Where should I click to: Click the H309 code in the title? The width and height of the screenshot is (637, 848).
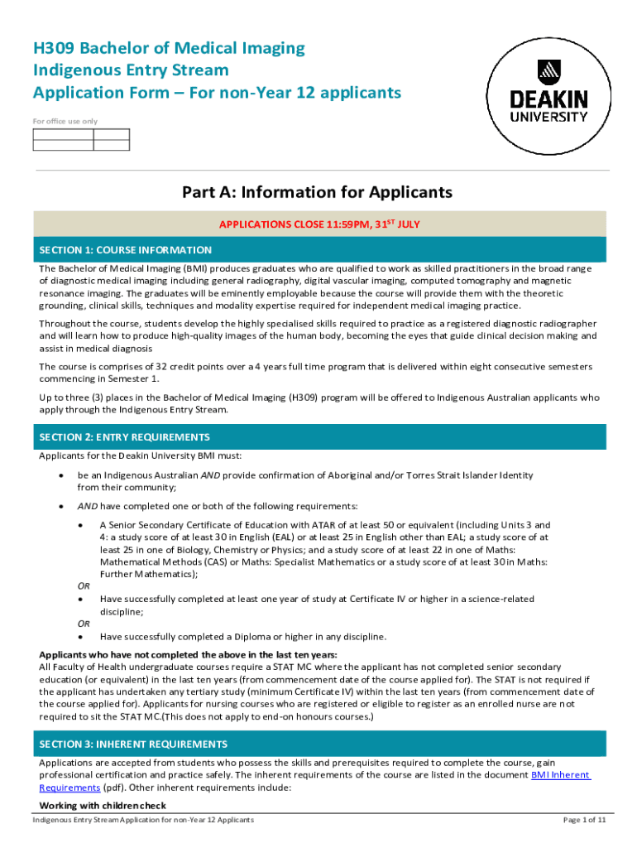(55, 48)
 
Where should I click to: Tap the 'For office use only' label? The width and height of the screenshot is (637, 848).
(65, 122)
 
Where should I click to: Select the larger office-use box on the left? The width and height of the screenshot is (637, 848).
(63, 139)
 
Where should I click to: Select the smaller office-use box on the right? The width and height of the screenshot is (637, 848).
(112, 139)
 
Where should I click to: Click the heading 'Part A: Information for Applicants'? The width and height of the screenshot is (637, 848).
(318, 192)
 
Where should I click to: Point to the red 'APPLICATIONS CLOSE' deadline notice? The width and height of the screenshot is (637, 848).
(318, 224)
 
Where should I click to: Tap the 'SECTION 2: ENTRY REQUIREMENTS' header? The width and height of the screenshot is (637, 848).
(125, 437)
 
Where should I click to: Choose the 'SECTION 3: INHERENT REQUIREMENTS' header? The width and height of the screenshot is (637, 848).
(133, 744)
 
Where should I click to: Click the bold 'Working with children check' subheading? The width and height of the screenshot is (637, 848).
(103, 806)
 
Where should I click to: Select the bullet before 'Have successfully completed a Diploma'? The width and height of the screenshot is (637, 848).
(80, 637)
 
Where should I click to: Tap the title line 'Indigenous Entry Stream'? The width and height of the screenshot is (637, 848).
(131, 70)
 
